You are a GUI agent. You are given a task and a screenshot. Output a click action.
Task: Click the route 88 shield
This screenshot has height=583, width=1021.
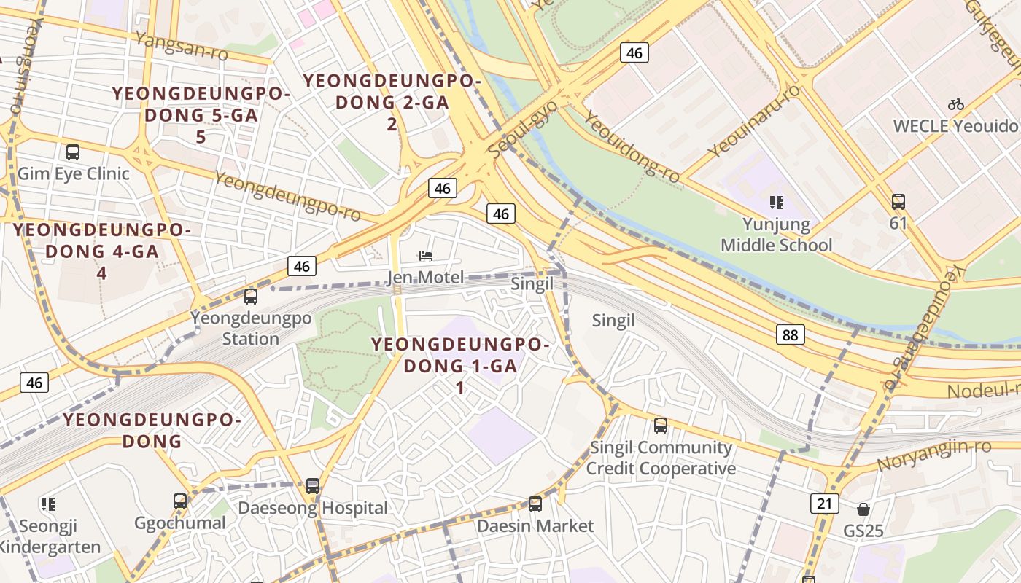pyautogui.click(x=791, y=334)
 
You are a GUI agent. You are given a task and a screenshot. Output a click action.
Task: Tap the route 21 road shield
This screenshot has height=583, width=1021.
pyautogui.click(x=824, y=503)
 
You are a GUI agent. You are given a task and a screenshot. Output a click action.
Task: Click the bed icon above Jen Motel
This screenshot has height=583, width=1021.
pyautogui.click(x=426, y=255)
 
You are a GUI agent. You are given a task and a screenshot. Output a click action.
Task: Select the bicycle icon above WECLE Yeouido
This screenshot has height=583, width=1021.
pyautogui.click(x=955, y=104)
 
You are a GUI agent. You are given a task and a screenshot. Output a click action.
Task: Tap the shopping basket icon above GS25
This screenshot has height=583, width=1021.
pyautogui.click(x=863, y=509)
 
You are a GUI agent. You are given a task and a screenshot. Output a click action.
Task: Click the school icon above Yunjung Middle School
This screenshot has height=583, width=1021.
pyautogui.click(x=776, y=202)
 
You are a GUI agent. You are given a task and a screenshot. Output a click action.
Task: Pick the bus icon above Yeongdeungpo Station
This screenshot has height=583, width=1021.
pyautogui.click(x=251, y=297)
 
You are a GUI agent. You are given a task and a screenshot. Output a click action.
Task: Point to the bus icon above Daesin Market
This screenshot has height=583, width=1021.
pyautogui.click(x=535, y=504)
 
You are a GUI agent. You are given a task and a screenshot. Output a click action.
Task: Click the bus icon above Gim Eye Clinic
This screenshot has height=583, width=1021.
pyautogui.click(x=73, y=152)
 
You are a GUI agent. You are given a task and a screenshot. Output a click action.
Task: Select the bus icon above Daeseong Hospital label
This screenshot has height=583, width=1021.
pyautogui.click(x=313, y=485)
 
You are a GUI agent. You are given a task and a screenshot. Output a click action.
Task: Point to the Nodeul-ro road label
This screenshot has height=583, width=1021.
pyautogui.click(x=983, y=390)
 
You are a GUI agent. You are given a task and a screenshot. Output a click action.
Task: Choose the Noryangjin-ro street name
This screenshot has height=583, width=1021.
pyautogui.click(x=933, y=455)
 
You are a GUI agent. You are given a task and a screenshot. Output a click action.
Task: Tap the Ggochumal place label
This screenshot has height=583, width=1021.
pyautogui.click(x=180, y=523)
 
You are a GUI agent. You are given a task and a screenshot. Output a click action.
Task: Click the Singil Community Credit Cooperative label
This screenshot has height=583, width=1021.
pyautogui.click(x=661, y=458)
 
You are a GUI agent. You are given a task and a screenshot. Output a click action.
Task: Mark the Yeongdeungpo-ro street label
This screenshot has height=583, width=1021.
pyautogui.click(x=288, y=195)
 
